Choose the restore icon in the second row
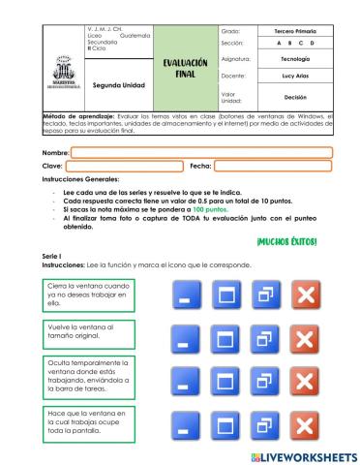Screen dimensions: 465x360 [263, 338]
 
